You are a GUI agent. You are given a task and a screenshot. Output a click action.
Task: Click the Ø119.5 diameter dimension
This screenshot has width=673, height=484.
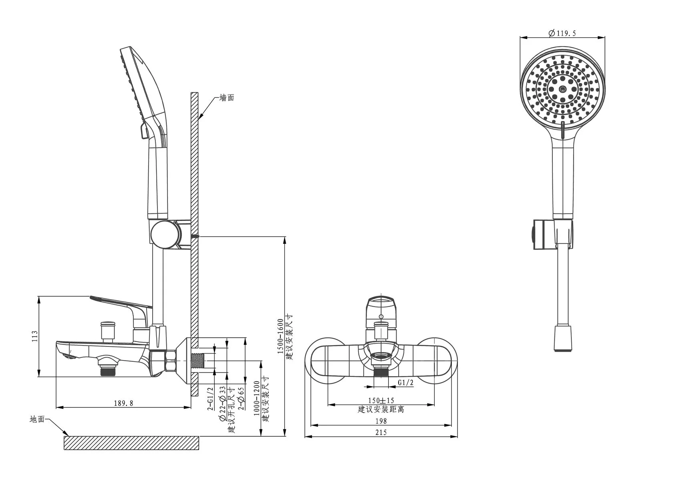coord(562,33)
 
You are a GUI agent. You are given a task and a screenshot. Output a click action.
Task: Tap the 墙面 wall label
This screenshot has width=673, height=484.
coord(227,98)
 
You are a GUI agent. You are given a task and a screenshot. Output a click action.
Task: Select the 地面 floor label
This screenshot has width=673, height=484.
coord(37,419)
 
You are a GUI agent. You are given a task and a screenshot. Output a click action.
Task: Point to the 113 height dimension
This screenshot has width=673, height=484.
coord(35,336)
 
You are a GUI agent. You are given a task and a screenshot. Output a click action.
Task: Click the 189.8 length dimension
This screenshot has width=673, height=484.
coord(123,403)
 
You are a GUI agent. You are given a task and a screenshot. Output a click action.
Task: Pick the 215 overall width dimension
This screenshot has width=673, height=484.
coord(381,433)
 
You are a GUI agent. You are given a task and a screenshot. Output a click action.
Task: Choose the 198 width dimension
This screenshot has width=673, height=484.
coord(381,421)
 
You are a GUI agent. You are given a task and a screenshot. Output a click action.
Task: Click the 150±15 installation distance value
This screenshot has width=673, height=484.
coord(381,401)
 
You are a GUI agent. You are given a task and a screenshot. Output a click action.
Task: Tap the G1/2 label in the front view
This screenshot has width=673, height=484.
coord(405,383)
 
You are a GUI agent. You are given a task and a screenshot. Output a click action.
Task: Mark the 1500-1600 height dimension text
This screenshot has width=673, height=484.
coord(280,336)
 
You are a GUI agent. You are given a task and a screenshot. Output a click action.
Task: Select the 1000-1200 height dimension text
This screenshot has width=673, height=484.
coord(257,398)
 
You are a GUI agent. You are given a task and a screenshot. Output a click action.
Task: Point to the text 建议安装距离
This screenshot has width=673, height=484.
coord(381,409)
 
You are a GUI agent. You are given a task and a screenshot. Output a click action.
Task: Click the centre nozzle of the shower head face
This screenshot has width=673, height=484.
coord(562,89)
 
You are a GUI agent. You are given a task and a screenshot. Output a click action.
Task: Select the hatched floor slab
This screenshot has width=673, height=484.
coord(131,443)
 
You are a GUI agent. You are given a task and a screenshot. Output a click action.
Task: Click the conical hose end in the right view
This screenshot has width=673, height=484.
coord(563,338)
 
